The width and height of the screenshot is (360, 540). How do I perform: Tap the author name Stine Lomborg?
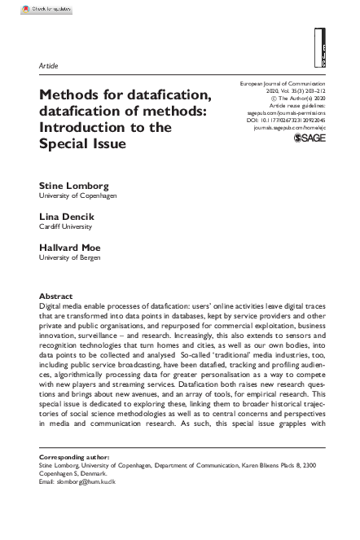pos(69,186)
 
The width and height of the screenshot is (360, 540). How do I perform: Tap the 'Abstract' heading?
pos(55,296)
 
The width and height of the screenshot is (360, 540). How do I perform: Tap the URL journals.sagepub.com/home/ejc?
pos(289,128)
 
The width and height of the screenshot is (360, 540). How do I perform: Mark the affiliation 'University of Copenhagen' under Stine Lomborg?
pos(78,196)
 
